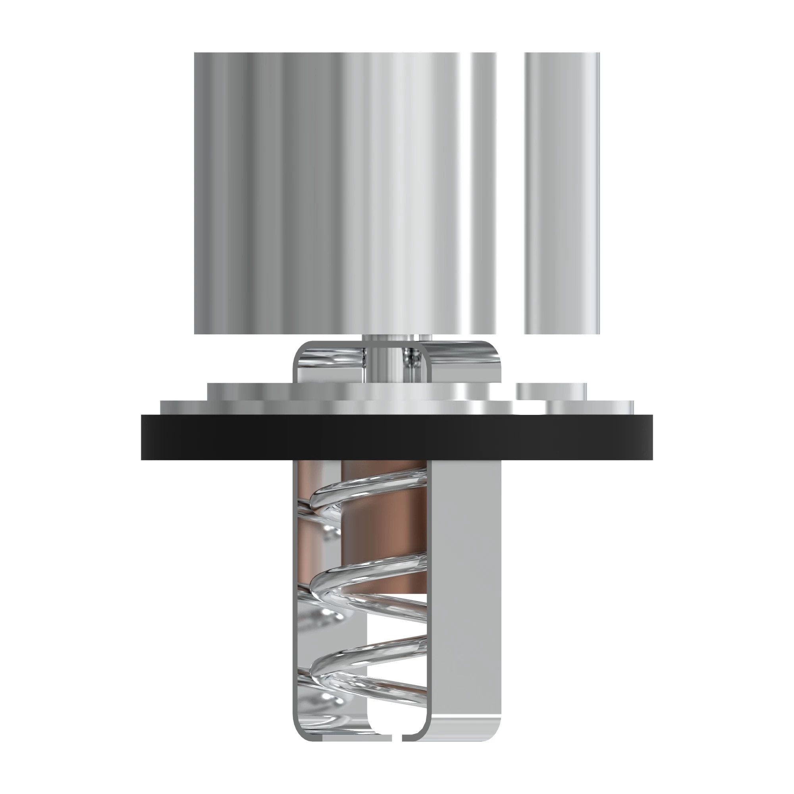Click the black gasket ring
[x=397, y=437]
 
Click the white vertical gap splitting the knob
[x=510, y=193]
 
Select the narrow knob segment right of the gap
[x=562, y=193]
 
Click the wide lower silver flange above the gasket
[x=329, y=407]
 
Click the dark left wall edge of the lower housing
[x=294, y=596]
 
